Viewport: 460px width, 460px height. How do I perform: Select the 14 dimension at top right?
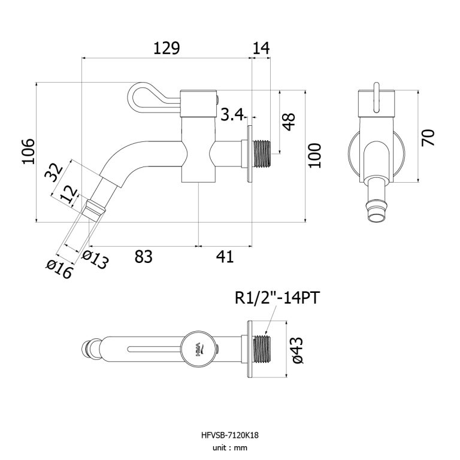point(262,49)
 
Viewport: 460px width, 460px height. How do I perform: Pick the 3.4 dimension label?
point(231,114)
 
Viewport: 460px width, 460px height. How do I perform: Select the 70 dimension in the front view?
point(428,137)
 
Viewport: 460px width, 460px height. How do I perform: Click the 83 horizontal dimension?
point(143,256)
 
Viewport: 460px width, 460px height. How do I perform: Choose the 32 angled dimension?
point(55,172)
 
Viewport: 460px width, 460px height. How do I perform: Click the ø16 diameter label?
point(59,270)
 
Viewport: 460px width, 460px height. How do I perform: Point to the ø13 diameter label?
point(95,261)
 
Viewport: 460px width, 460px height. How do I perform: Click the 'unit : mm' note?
point(230,447)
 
